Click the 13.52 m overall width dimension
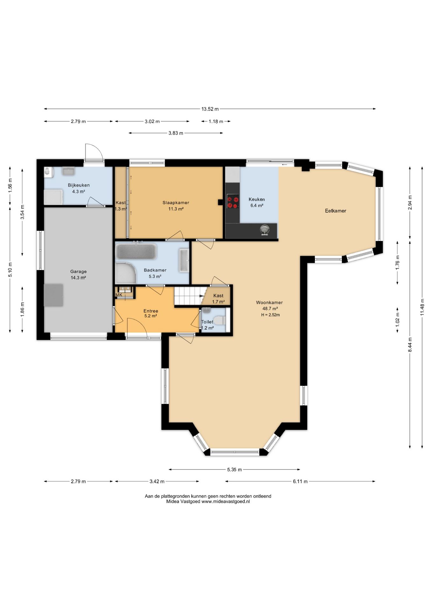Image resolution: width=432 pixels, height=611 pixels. click(x=210, y=109)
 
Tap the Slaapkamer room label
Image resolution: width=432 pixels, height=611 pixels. click(x=176, y=203)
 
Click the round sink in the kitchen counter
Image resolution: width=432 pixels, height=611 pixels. click(x=265, y=229)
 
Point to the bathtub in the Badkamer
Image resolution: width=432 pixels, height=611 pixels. click(x=136, y=251)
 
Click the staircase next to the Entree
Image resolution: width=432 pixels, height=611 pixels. click(x=189, y=296)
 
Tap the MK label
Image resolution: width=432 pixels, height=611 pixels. click(x=119, y=295)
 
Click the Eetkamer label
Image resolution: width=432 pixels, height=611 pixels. click(x=336, y=211)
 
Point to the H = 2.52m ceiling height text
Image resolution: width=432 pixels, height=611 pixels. click(x=270, y=315)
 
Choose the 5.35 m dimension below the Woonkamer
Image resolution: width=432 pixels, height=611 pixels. click(x=234, y=469)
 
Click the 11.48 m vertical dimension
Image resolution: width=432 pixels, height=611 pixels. click(x=422, y=307)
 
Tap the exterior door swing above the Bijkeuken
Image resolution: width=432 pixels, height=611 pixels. click(x=94, y=152)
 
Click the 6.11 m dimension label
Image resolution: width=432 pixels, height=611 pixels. click(x=300, y=481)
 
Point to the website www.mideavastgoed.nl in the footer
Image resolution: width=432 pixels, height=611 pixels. click(x=226, y=501)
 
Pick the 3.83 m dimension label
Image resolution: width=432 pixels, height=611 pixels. click(x=176, y=133)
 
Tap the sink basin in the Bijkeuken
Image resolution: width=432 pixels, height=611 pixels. click(x=69, y=171)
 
